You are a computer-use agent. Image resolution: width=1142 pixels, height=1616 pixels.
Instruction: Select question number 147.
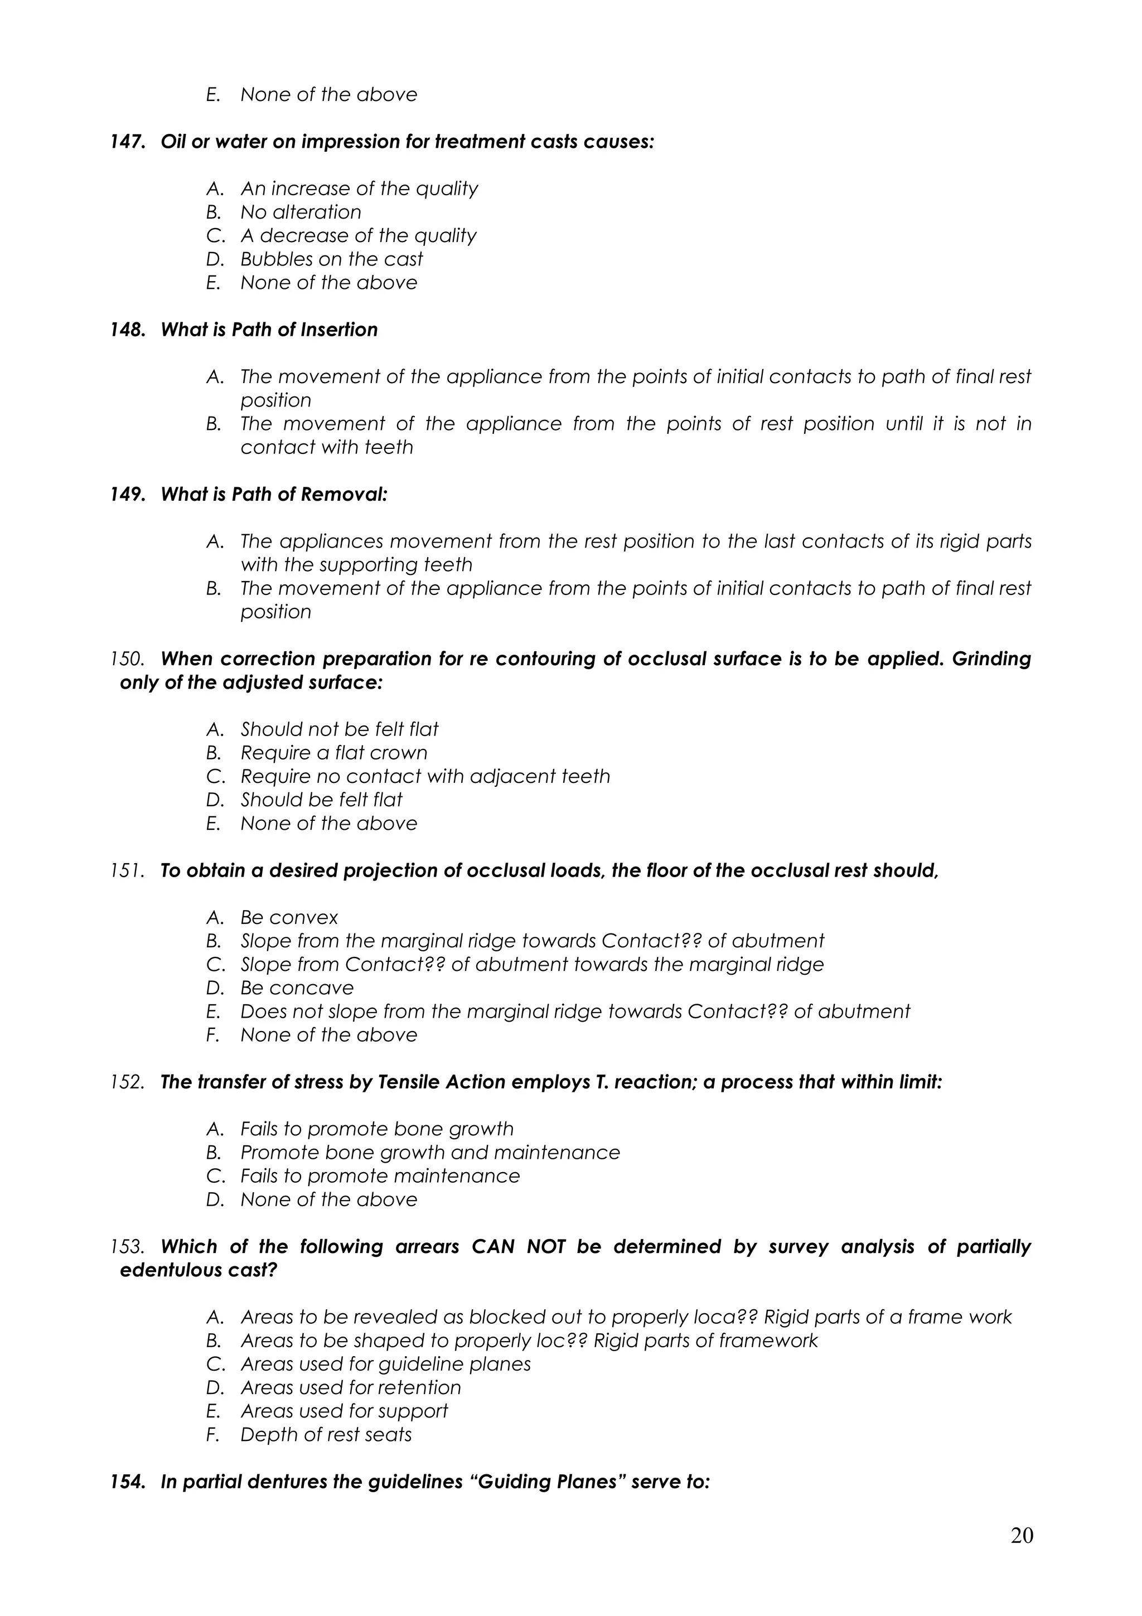tap(127, 142)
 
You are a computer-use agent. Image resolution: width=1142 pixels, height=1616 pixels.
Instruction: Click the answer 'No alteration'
tap(301, 212)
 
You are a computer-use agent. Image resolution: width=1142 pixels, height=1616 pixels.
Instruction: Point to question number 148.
tap(127, 330)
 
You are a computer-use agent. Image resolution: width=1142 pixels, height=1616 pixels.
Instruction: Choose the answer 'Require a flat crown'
tap(333, 753)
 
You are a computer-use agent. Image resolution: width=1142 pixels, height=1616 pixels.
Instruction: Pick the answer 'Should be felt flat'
tap(321, 800)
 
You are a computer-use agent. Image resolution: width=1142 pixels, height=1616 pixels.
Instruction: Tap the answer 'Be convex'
tap(288, 918)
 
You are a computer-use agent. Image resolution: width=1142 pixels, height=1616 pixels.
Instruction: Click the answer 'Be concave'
tap(297, 988)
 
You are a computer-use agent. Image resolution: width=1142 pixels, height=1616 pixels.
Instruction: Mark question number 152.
tap(127, 1082)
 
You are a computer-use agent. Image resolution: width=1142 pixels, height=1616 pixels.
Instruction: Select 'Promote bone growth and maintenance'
tap(430, 1153)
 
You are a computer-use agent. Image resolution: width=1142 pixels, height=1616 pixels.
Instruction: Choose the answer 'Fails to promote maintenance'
tap(380, 1176)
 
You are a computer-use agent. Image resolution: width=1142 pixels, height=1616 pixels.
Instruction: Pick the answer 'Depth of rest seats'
tap(326, 1435)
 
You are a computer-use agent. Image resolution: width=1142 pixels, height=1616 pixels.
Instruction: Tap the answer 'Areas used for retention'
tap(350, 1388)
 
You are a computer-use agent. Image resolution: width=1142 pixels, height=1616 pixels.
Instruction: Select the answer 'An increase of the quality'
tap(359, 188)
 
